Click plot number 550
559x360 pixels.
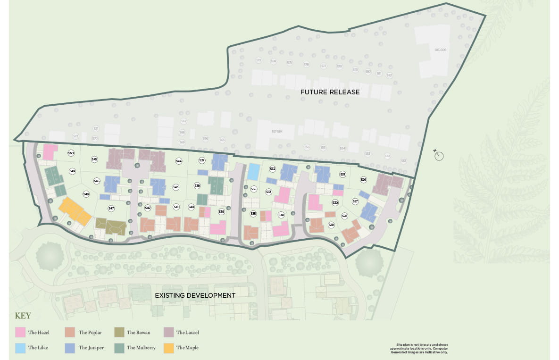(71, 153)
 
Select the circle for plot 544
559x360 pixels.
(179, 161)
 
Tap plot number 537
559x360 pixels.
(202, 160)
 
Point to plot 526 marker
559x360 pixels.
(363, 179)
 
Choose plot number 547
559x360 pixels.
(111, 208)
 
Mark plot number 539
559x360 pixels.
(222, 212)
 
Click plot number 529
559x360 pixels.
(331, 225)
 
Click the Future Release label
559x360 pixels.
(330, 92)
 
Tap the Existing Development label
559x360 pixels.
(195, 295)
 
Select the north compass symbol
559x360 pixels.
(440, 155)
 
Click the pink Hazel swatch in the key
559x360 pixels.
(20, 333)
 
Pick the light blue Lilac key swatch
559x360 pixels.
(20, 348)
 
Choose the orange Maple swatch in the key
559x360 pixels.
(168, 348)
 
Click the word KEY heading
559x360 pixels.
(24, 316)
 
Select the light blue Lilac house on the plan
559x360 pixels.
(253, 172)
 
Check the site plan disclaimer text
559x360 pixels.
(419, 349)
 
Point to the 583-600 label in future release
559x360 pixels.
(440, 50)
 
